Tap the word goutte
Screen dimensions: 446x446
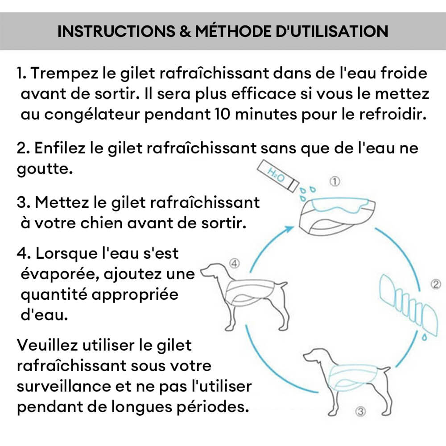[x=44, y=169]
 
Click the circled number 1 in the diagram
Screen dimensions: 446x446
[x=335, y=181]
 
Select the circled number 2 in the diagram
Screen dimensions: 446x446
[x=436, y=284]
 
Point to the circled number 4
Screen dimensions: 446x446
[x=234, y=263]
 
